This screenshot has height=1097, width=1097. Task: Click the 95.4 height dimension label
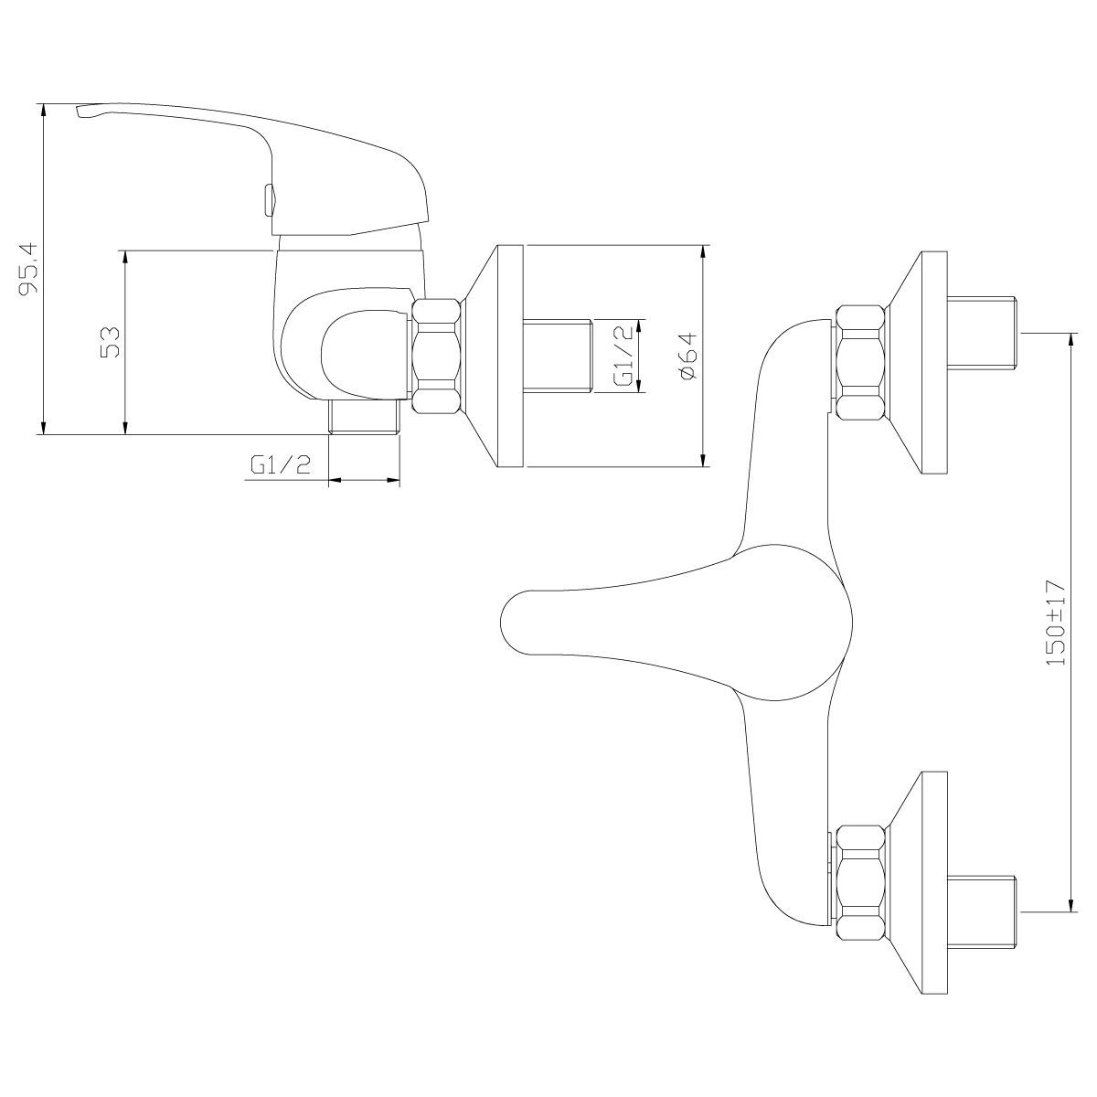coord(28,268)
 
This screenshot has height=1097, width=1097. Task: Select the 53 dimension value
coord(110,342)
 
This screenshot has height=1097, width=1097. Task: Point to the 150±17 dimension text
coord(1056,623)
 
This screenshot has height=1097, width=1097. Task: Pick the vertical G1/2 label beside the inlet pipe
coord(625,356)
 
